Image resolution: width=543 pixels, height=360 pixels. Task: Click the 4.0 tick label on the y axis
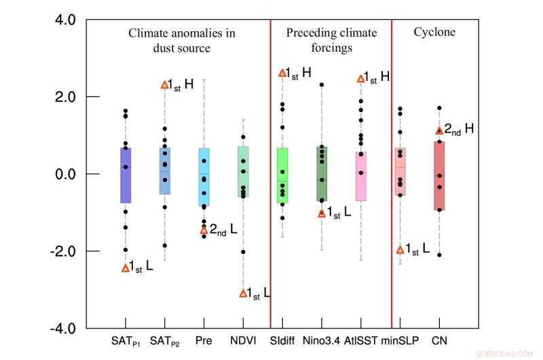point(68,20)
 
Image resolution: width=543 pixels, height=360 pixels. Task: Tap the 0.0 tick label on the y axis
point(68,174)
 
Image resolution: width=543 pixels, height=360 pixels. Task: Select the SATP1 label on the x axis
point(127,340)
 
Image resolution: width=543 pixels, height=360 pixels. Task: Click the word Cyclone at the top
point(434,32)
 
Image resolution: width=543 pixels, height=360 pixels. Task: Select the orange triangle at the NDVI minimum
point(243,293)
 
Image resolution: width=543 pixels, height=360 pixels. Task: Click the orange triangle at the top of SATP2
point(164,85)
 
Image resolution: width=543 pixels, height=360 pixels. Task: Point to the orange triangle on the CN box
point(439,130)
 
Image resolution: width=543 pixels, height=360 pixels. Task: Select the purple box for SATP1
point(126,175)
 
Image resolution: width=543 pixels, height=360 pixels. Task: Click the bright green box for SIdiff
point(282,175)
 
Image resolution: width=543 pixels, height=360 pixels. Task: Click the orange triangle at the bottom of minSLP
point(400,250)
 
